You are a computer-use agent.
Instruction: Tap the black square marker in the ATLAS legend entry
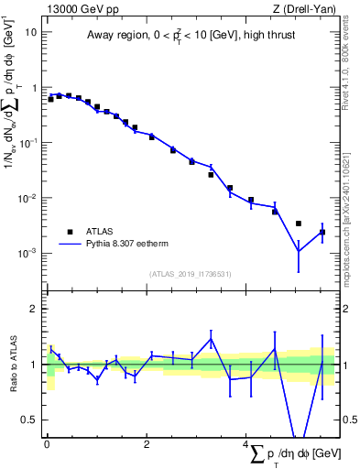click(x=69, y=232)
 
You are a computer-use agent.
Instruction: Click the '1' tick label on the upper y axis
click(x=35, y=88)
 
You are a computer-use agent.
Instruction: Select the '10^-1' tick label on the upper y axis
click(x=29, y=143)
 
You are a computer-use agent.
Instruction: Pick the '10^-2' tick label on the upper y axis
click(x=29, y=198)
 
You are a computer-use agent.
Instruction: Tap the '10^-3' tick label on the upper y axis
click(x=29, y=253)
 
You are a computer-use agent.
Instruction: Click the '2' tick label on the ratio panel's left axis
click(x=34, y=309)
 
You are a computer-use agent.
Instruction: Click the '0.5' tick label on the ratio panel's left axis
click(x=29, y=420)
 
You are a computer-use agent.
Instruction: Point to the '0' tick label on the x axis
click(x=47, y=443)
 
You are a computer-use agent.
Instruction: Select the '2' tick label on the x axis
click(x=147, y=443)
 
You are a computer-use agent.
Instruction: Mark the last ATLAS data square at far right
click(x=322, y=232)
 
